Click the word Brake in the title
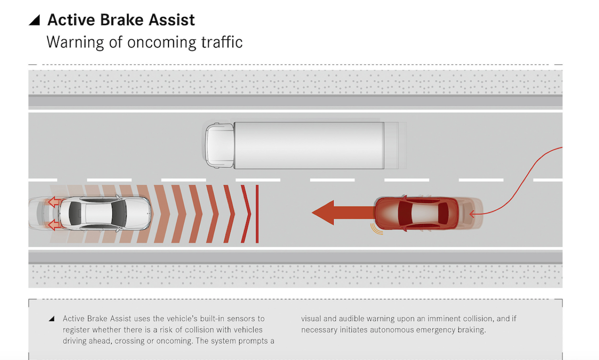tap(122, 20)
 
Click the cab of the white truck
tap(220, 146)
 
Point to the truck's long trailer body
tap(309, 146)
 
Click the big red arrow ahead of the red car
tap(343, 213)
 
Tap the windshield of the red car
tap(405, 213)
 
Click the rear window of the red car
tap(443, 213)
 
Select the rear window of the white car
tap(75, 213)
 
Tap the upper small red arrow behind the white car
tap(54, 202)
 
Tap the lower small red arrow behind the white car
tap(54, 225)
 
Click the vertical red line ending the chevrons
tap(257, 214)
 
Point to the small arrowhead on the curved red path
tap(472, 213)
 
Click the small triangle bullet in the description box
tap(52, 319)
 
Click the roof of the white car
tap(98, 213)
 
